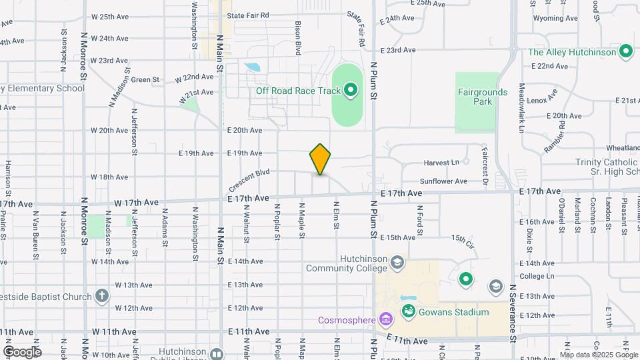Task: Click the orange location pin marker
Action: click(321, 159)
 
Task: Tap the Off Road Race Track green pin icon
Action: click(351, 91)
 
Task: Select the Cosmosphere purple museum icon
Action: click(385, 319)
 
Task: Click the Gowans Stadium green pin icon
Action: click(408, 311)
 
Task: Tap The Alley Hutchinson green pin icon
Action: click(625, 51)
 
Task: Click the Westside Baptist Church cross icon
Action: click(101, 295)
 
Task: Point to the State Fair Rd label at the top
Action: click(247, 15)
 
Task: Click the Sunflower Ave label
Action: click(443, 181)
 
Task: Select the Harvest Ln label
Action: click(441, 163)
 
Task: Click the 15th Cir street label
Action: click(462, 238)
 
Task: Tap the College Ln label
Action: click(537, 276)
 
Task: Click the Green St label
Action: click(145, 80)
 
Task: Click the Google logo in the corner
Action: click(22, 351)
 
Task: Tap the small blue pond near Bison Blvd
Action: click(253, 67)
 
